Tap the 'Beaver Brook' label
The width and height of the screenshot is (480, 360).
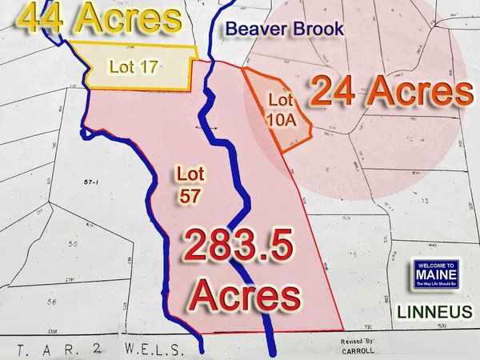284,30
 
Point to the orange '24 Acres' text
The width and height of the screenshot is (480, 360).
390,92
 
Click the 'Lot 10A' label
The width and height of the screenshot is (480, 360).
280,110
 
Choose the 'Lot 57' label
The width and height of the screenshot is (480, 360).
190,182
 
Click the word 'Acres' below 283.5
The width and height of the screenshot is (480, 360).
244,297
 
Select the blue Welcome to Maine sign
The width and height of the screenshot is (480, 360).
435,274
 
